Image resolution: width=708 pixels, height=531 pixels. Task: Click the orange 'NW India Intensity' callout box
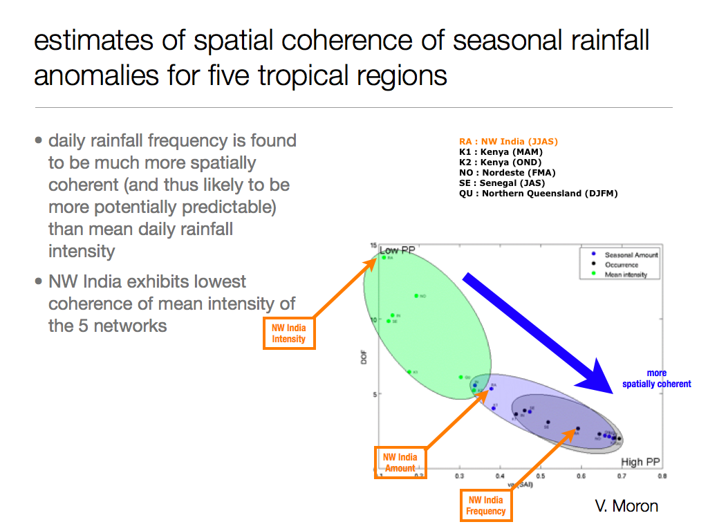289,333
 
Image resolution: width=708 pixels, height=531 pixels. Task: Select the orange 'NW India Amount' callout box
400,463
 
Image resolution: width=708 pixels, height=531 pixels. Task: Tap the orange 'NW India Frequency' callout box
486,505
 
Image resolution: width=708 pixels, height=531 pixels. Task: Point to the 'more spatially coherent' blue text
656,379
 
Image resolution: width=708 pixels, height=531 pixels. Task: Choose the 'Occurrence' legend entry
621,265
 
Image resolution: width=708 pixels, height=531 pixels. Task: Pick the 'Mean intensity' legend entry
626,274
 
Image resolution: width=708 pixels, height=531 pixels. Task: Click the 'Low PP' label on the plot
397,250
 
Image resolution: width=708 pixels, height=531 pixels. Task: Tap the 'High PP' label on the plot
641,462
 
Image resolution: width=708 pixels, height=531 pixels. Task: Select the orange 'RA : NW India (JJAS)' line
508,142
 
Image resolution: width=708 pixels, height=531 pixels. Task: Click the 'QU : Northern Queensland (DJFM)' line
538,194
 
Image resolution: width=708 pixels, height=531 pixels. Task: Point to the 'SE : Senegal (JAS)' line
501,183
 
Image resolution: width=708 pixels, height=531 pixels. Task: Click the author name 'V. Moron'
626,506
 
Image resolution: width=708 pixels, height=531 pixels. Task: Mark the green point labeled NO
416,296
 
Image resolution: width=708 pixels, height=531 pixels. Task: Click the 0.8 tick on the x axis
662,476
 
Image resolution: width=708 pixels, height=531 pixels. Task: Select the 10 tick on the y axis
373,320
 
